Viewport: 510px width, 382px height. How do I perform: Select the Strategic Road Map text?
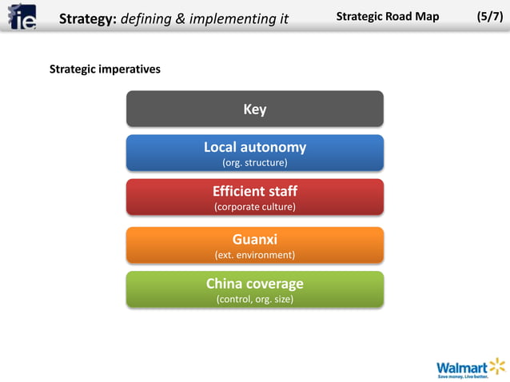[388, 16]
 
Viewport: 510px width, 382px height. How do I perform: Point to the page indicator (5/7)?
[489, 16]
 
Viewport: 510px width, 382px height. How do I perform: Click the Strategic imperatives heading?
[105, 69]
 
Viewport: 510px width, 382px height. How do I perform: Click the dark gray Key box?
[254, 109]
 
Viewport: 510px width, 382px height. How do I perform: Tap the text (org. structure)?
[254, 163]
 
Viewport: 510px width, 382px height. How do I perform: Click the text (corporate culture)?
[254, 207]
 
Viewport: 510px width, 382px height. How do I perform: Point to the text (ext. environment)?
[254, 255]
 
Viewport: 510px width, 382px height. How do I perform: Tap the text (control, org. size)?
[254, 299]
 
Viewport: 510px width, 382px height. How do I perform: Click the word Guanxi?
[254, 239]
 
